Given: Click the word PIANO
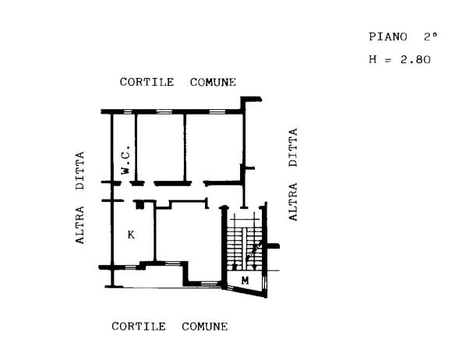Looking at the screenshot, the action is pos(387,37).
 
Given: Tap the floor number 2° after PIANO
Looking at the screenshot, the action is pos(430,37).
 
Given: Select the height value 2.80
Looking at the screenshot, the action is pos(415,59).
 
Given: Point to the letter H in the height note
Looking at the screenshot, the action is pos(373,59).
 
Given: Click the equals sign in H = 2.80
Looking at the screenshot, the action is pos(387,60).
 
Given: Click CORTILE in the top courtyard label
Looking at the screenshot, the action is pos(147,82).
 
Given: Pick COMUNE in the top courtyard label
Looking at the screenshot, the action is pos(213,83).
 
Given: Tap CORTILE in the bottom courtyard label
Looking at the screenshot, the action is pos(139,326).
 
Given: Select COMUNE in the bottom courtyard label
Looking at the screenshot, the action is pos(205,326).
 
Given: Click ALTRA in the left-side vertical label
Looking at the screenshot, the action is pos(80,225).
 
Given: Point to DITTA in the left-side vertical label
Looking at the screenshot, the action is pos(80,171).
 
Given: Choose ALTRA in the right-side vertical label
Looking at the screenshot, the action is pos(293,202).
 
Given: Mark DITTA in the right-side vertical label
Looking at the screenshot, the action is pos(293,147).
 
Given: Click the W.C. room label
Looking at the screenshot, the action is pos(126,160).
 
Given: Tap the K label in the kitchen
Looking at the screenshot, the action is pos(131,235).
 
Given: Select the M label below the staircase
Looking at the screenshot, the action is pos(245,281).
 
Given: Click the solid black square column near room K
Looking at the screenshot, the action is pos(140,205).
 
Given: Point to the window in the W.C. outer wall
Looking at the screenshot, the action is pos(128,111).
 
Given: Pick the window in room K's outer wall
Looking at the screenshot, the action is pos(130,267).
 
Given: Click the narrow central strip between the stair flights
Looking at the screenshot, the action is pos(244,249).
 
